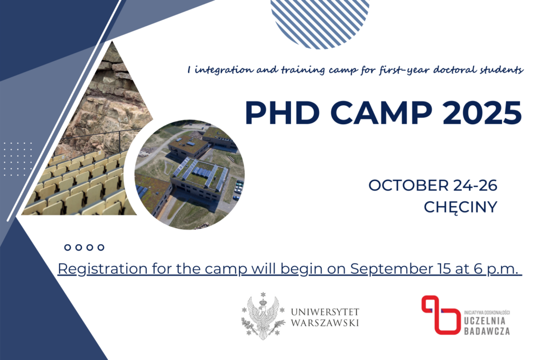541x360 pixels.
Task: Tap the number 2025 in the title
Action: (482, 113)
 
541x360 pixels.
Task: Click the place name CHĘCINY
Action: (461, 207)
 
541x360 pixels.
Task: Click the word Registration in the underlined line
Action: (102, 269)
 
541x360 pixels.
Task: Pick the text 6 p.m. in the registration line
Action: (496, 269)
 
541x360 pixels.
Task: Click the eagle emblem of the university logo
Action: (263, 316)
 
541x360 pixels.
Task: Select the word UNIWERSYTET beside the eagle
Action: (325, 312)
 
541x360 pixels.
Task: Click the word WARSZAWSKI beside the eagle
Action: (325, 322)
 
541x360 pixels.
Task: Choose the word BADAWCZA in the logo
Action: (487, 331)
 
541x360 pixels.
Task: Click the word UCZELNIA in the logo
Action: (485, 321)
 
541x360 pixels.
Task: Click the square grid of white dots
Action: (17, 159)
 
